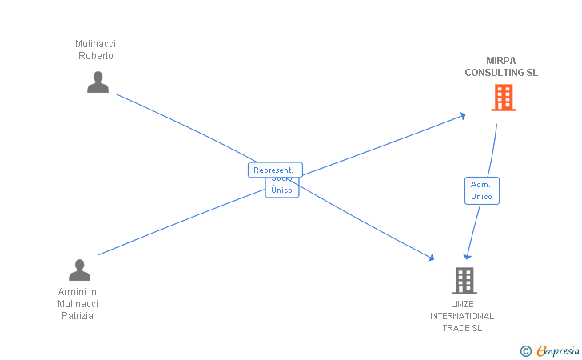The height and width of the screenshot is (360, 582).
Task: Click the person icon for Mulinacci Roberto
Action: (98, 82)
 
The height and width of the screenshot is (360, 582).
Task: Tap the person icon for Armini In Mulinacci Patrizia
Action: (79, 270)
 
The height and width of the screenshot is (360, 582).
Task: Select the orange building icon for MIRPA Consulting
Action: (503, 98)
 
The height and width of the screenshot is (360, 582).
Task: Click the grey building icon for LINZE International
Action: (464, 281)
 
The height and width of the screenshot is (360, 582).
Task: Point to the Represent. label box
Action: (274, 170)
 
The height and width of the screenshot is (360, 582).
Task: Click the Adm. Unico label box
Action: (481, 190)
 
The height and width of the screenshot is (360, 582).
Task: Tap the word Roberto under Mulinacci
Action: (96, 56)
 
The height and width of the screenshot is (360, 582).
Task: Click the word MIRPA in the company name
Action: (501, 61)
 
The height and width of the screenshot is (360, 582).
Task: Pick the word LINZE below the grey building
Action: (462, 304)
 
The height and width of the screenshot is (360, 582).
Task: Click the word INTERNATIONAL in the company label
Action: (462, 316)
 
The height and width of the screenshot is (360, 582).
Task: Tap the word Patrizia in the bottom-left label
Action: (78, 316)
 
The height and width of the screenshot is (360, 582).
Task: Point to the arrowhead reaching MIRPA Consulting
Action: (463, 116)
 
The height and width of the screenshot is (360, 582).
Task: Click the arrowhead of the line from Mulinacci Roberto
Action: (431, 258)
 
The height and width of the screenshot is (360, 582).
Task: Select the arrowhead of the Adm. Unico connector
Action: (466, 256)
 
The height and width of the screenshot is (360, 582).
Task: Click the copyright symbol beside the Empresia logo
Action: (525, 350)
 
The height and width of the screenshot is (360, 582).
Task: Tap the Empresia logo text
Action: (558, 350)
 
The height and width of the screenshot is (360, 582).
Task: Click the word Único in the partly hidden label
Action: (281, 190)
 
